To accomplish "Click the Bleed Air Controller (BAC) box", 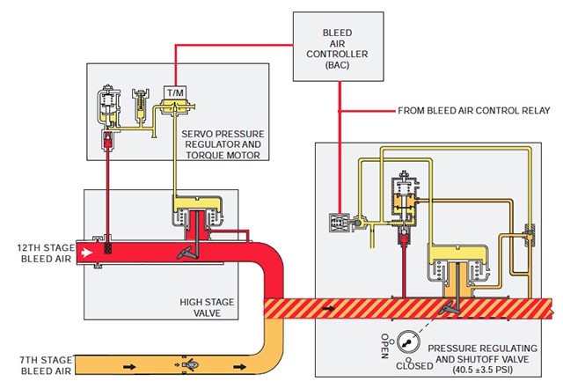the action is (338, 47).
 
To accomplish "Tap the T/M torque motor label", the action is (176, 93).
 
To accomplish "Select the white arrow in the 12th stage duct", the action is (86, 253).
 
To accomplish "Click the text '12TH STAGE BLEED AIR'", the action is (46, 253).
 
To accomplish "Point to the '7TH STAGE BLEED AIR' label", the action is (46, 365).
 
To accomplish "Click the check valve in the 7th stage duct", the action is (188, 364).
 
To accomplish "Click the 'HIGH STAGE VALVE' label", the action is (207, 307).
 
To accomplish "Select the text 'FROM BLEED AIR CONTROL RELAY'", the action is (473, 111).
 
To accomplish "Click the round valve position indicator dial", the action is (408, 342).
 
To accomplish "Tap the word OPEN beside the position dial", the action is (384, 346).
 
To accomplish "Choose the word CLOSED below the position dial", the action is (414, 366).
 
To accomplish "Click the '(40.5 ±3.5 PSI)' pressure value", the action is (482, 370).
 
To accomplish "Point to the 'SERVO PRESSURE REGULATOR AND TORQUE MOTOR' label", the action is (223, 144).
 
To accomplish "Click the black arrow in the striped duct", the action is (329, 308).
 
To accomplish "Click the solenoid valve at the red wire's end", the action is (340, 223).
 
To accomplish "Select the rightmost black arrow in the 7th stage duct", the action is (240, 367).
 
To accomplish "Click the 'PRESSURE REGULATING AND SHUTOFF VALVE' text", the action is (482, 354).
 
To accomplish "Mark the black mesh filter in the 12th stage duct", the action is (107, 248).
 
